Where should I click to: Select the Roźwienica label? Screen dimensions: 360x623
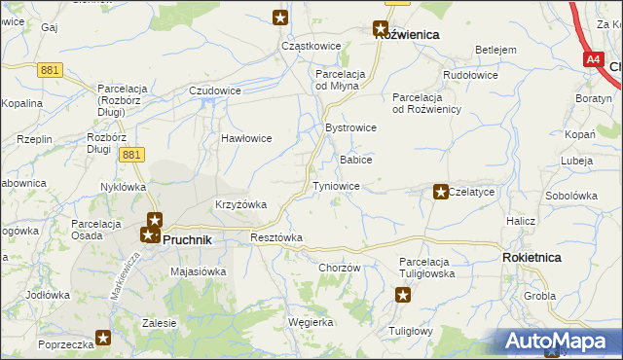pos(407,34)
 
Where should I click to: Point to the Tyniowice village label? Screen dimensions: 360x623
pos(337,185)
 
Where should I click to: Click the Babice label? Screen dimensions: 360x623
pos(355,159)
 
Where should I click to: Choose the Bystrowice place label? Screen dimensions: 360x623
pos(350,127)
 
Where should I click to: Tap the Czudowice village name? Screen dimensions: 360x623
pos(215,90)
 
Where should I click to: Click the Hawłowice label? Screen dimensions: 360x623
pos(246,138)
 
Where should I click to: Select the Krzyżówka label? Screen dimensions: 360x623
pos(240,204)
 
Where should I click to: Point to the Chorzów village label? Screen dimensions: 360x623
pos(340,268)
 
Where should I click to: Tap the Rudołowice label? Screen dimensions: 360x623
pos(470,75)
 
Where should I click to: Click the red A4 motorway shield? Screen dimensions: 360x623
pos(594,59)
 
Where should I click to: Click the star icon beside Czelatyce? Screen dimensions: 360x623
pos(440,193)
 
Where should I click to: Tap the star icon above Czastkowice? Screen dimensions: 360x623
pos(280,17)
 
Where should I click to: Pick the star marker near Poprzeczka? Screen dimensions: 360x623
pos(104,338)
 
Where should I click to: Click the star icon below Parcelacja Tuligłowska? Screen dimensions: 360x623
pos(404,295)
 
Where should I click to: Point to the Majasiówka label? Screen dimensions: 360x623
pos(198,271)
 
